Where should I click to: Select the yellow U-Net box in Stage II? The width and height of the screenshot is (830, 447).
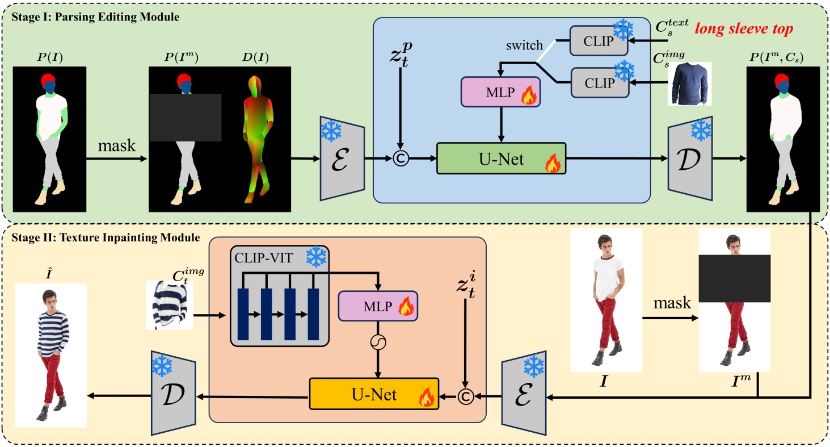[374, 393]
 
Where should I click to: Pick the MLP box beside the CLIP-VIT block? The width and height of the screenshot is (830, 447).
[377, 306]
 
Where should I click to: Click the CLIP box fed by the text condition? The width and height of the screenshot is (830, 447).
[599, 40]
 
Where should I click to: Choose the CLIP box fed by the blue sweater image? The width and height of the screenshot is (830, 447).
[599, 82]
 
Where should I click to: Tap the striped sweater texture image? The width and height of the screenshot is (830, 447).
[169, 305]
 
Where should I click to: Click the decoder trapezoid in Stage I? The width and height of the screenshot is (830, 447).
[689, 161]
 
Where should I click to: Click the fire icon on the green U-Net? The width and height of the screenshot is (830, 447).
[551, 165]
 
